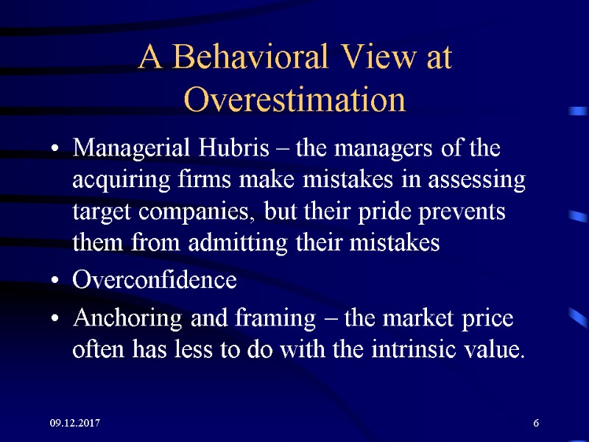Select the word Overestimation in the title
294,99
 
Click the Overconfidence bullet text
155,281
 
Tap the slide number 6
536,423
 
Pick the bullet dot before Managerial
55,150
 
